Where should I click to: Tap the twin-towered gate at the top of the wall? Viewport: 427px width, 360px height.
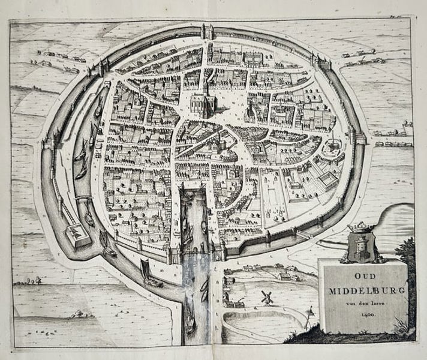click(209, 30)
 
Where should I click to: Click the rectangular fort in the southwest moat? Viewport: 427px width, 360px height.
click(77, 235)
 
